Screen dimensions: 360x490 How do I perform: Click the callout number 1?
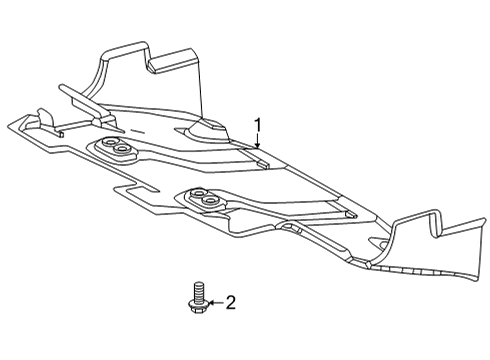pos(258,126)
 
